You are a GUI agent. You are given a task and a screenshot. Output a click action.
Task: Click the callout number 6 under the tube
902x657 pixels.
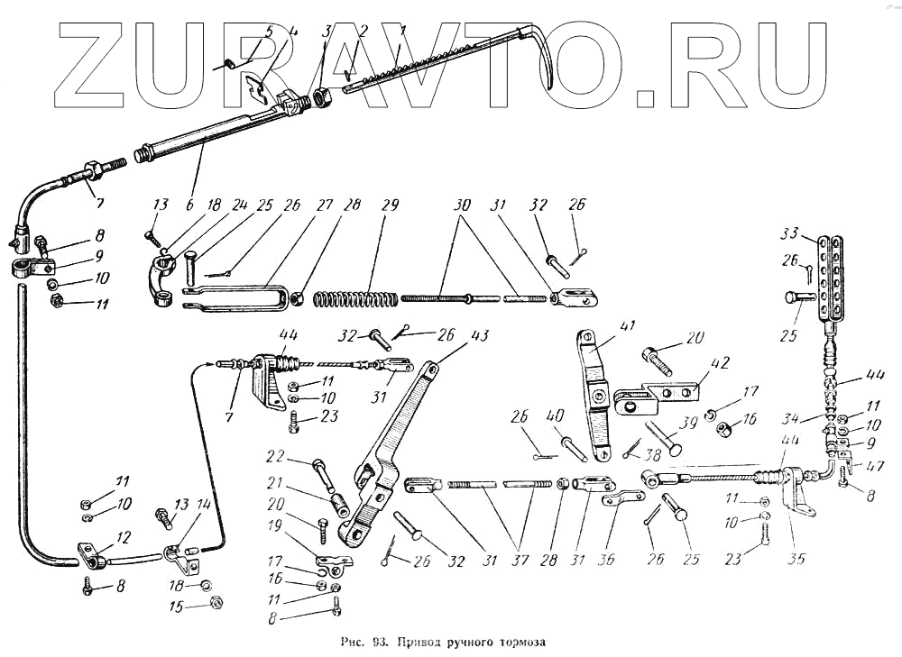tap(189, 205)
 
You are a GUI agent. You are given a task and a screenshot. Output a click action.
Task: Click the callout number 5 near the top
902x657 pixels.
tap(269, 32)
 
